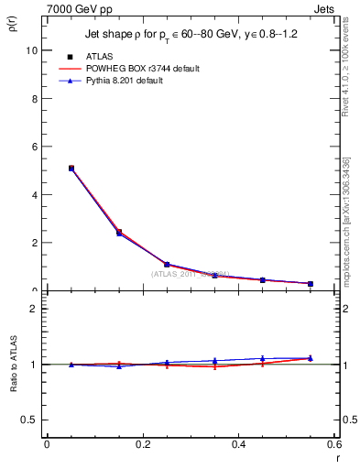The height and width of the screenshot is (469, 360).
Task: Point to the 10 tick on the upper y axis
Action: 33,50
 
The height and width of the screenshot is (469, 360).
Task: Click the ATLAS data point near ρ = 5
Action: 71,169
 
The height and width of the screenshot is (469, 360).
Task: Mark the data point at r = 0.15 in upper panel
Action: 119,233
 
